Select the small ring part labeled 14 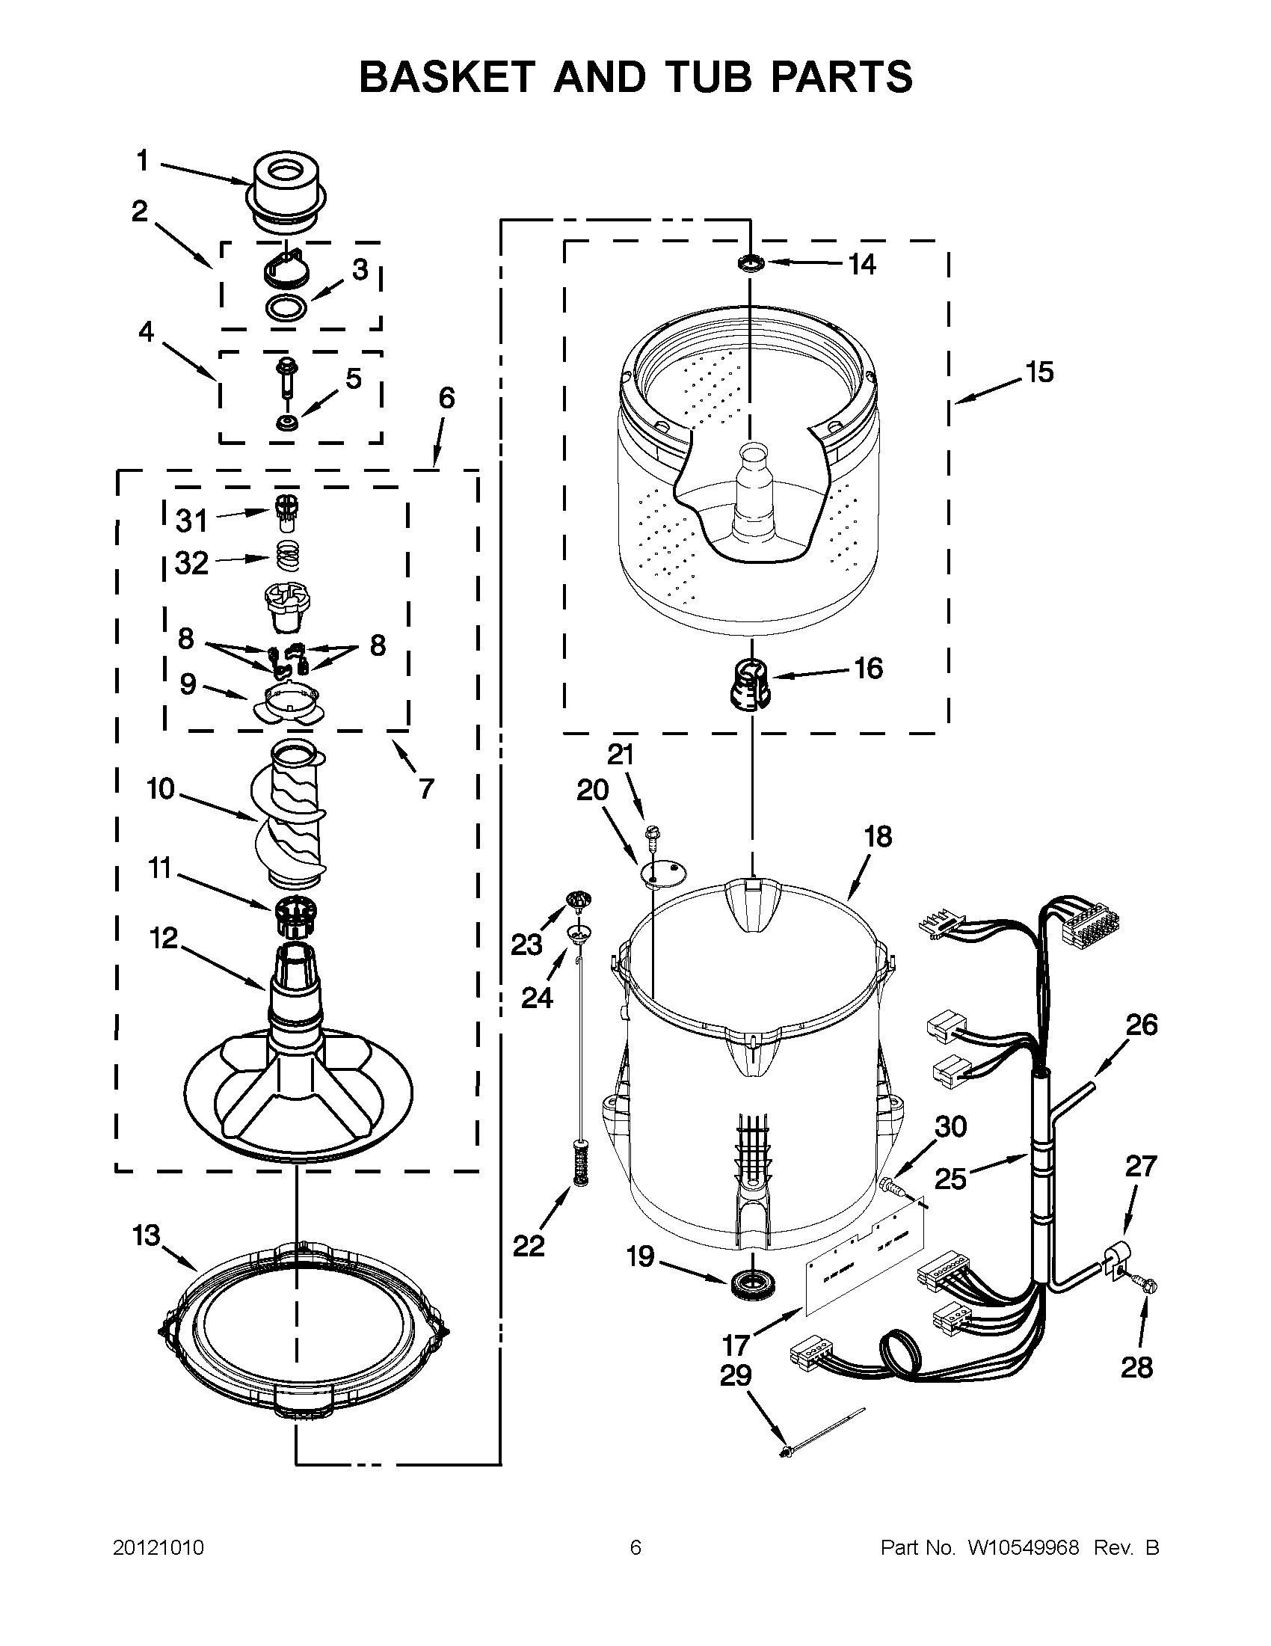tap(751, 263)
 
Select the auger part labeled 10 tap(290, 816)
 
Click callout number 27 tap(1140, 1166)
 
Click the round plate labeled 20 tap(664, 873)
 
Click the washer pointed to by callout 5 tap(287, 422)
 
